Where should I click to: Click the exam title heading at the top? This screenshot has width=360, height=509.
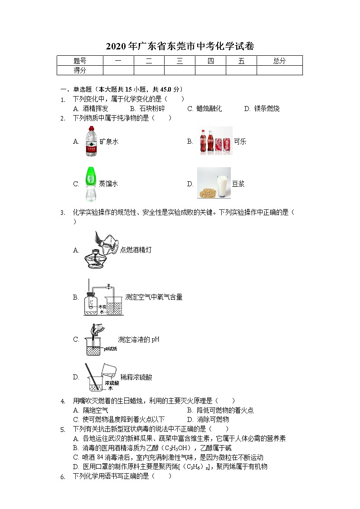tap(180, 46)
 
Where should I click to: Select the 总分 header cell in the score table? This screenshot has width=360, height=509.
tap(279, 61)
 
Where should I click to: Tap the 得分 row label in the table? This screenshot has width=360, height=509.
tap(80, 70)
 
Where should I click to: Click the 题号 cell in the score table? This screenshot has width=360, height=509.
tap(80, 61)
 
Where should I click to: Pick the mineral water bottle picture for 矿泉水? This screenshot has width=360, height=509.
tap(92, 141)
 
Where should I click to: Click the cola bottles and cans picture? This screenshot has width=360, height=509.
tap(215, 141)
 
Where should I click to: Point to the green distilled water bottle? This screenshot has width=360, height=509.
tap(91, 184)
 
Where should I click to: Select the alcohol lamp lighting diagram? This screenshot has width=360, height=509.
tap(101, 250)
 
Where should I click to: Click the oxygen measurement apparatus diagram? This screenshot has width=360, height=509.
tap(103, 298)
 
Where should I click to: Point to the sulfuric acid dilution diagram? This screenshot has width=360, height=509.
tap(100, 377)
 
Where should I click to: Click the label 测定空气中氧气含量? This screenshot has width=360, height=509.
tap(154, 297)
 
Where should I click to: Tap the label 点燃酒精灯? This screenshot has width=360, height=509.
tap(136, 250)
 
